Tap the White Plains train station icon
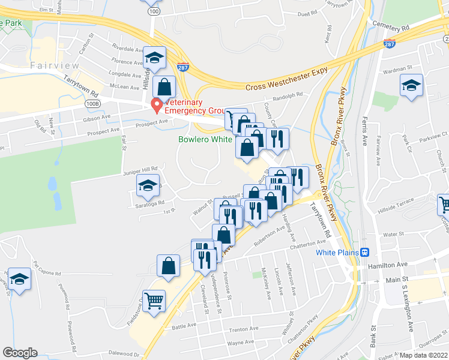pyautogui.click(x=364, y=252)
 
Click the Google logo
pyautogui.click(x=20, y=353)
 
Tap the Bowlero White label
pyautogui.click(x=205, y=139)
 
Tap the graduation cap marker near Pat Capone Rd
pyautogui.click(x=19, y=279)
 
